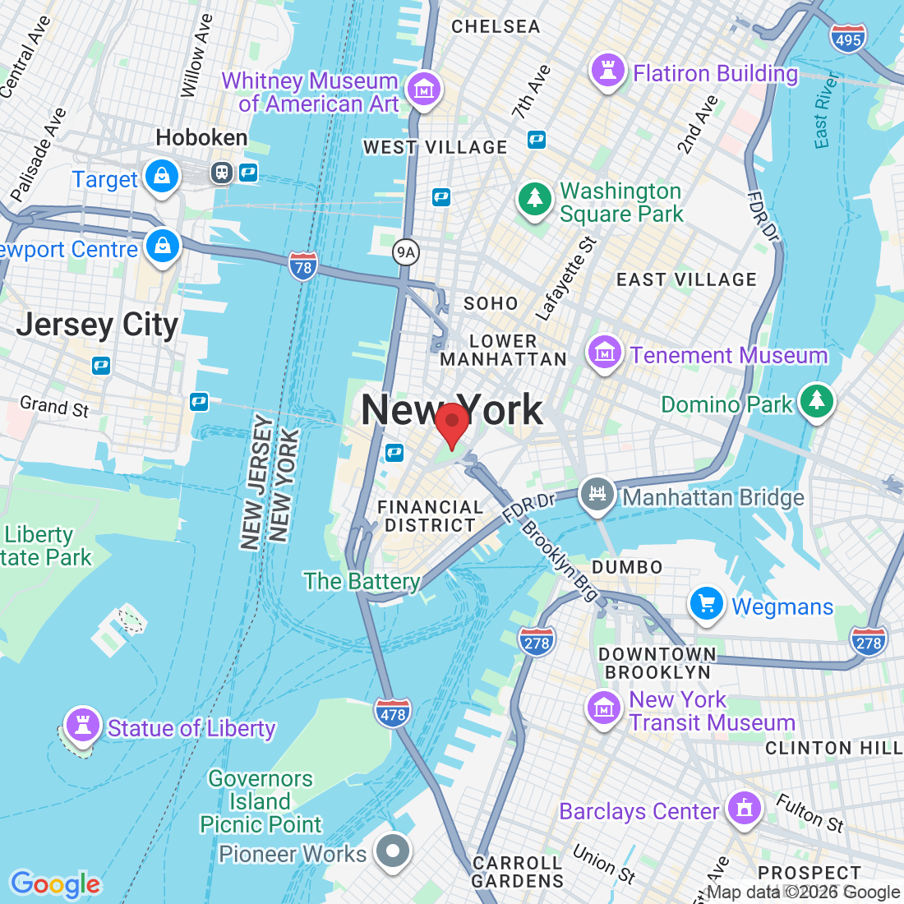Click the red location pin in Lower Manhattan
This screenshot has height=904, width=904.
[451, 423]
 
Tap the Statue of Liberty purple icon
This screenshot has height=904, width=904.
[82, 726]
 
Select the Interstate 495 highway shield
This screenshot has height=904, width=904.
[847, 39]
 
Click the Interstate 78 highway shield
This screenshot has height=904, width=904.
[303, 266]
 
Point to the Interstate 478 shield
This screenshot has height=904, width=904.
[393, 713]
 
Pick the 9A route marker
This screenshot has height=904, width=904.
[405, 252]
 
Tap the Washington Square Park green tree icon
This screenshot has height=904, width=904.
[535, 200]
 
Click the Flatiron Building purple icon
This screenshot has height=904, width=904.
[608, 71]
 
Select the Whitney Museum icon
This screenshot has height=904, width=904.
[424, 90]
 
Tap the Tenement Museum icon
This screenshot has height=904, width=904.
[604, 354]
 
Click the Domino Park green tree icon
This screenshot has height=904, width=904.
[816, 402]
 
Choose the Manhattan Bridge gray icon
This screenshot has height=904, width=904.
[597, 495]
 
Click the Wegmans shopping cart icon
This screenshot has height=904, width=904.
[706, 605]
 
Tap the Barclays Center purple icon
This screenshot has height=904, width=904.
[745, 809]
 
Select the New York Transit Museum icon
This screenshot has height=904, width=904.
[604, 708]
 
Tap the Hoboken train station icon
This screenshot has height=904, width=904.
[222, 172]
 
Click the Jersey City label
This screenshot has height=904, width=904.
[97, 325]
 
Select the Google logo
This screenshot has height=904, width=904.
[55, 884]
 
